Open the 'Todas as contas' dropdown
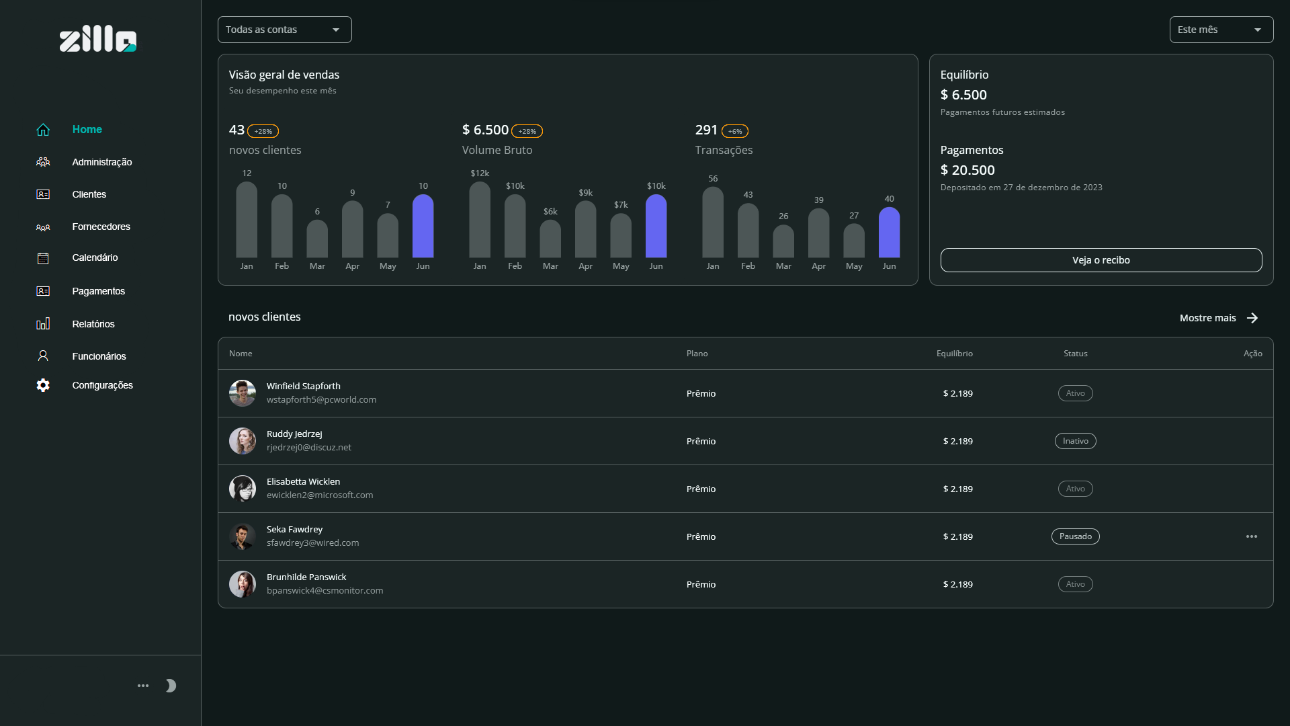(x=284, y=30)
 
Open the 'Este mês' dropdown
(x=1221, y=30)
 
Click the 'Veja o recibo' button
(x=1101, y=260)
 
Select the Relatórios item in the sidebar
(x=93, y=324)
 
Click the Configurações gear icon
(x=43, y=385)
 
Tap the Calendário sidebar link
(x=95, y=257)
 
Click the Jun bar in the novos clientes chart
(x=423, y=226)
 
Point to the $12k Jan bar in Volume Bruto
(x=480, y=220)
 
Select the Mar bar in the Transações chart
(x=783, y=241)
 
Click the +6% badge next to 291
(x=734, y=131)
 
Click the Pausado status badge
(x=1075, y=536)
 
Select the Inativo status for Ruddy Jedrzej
(x=1075, y=441)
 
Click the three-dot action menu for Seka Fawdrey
(x=1251, y=536)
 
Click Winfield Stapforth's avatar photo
(x=242, y=393)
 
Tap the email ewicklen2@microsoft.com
(x=320, y=495)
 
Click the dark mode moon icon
(x=171, y=686)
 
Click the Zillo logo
(x=98, y=40)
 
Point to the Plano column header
(x=697, y=354)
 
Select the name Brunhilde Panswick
(x=306, y=577)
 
